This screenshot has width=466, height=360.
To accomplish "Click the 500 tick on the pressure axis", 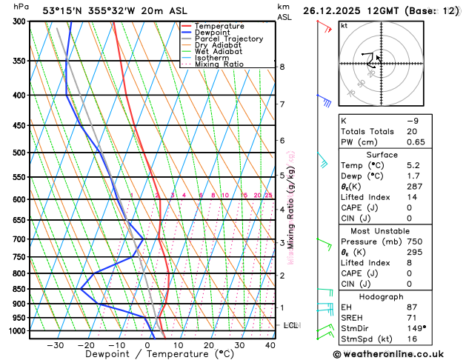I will [19, 153].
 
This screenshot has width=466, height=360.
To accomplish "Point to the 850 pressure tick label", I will [19, 289].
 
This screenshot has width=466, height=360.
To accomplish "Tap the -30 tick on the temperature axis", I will [56, 345].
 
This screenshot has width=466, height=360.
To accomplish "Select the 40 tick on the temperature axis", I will [270, 345].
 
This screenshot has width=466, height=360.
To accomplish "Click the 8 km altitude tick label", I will [282, 67].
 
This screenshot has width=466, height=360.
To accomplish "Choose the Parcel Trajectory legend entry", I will [228, 39].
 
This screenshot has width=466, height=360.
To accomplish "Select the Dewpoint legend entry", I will [214, 33].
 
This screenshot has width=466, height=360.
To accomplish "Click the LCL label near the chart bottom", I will [291, 325].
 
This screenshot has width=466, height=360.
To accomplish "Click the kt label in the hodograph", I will [344, 25].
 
